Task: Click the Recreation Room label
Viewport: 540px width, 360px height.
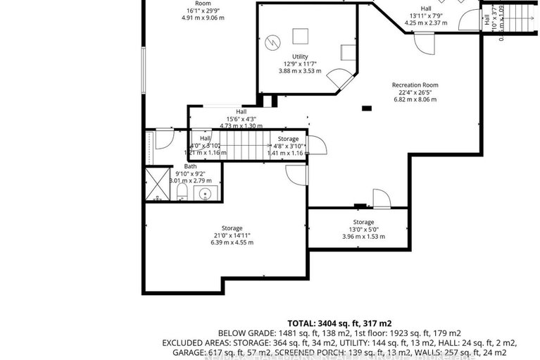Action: tap(415, 85)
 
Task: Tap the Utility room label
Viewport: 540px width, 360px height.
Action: tap(300, 56)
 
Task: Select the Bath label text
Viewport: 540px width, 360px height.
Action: tap(190, 166)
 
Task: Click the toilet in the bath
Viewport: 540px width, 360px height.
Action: tap(182, 191)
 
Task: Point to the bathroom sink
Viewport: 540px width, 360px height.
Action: tap(206, 193)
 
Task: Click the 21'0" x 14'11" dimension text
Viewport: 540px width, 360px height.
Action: tap(232, 235)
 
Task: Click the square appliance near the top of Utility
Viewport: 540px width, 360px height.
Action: tap(301, 35)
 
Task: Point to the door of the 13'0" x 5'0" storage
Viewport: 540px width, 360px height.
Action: tap(381, 199)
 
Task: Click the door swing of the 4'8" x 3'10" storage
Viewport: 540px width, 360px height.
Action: tap(317, 145)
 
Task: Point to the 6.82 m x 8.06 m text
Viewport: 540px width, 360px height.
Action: tap(415, 99)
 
